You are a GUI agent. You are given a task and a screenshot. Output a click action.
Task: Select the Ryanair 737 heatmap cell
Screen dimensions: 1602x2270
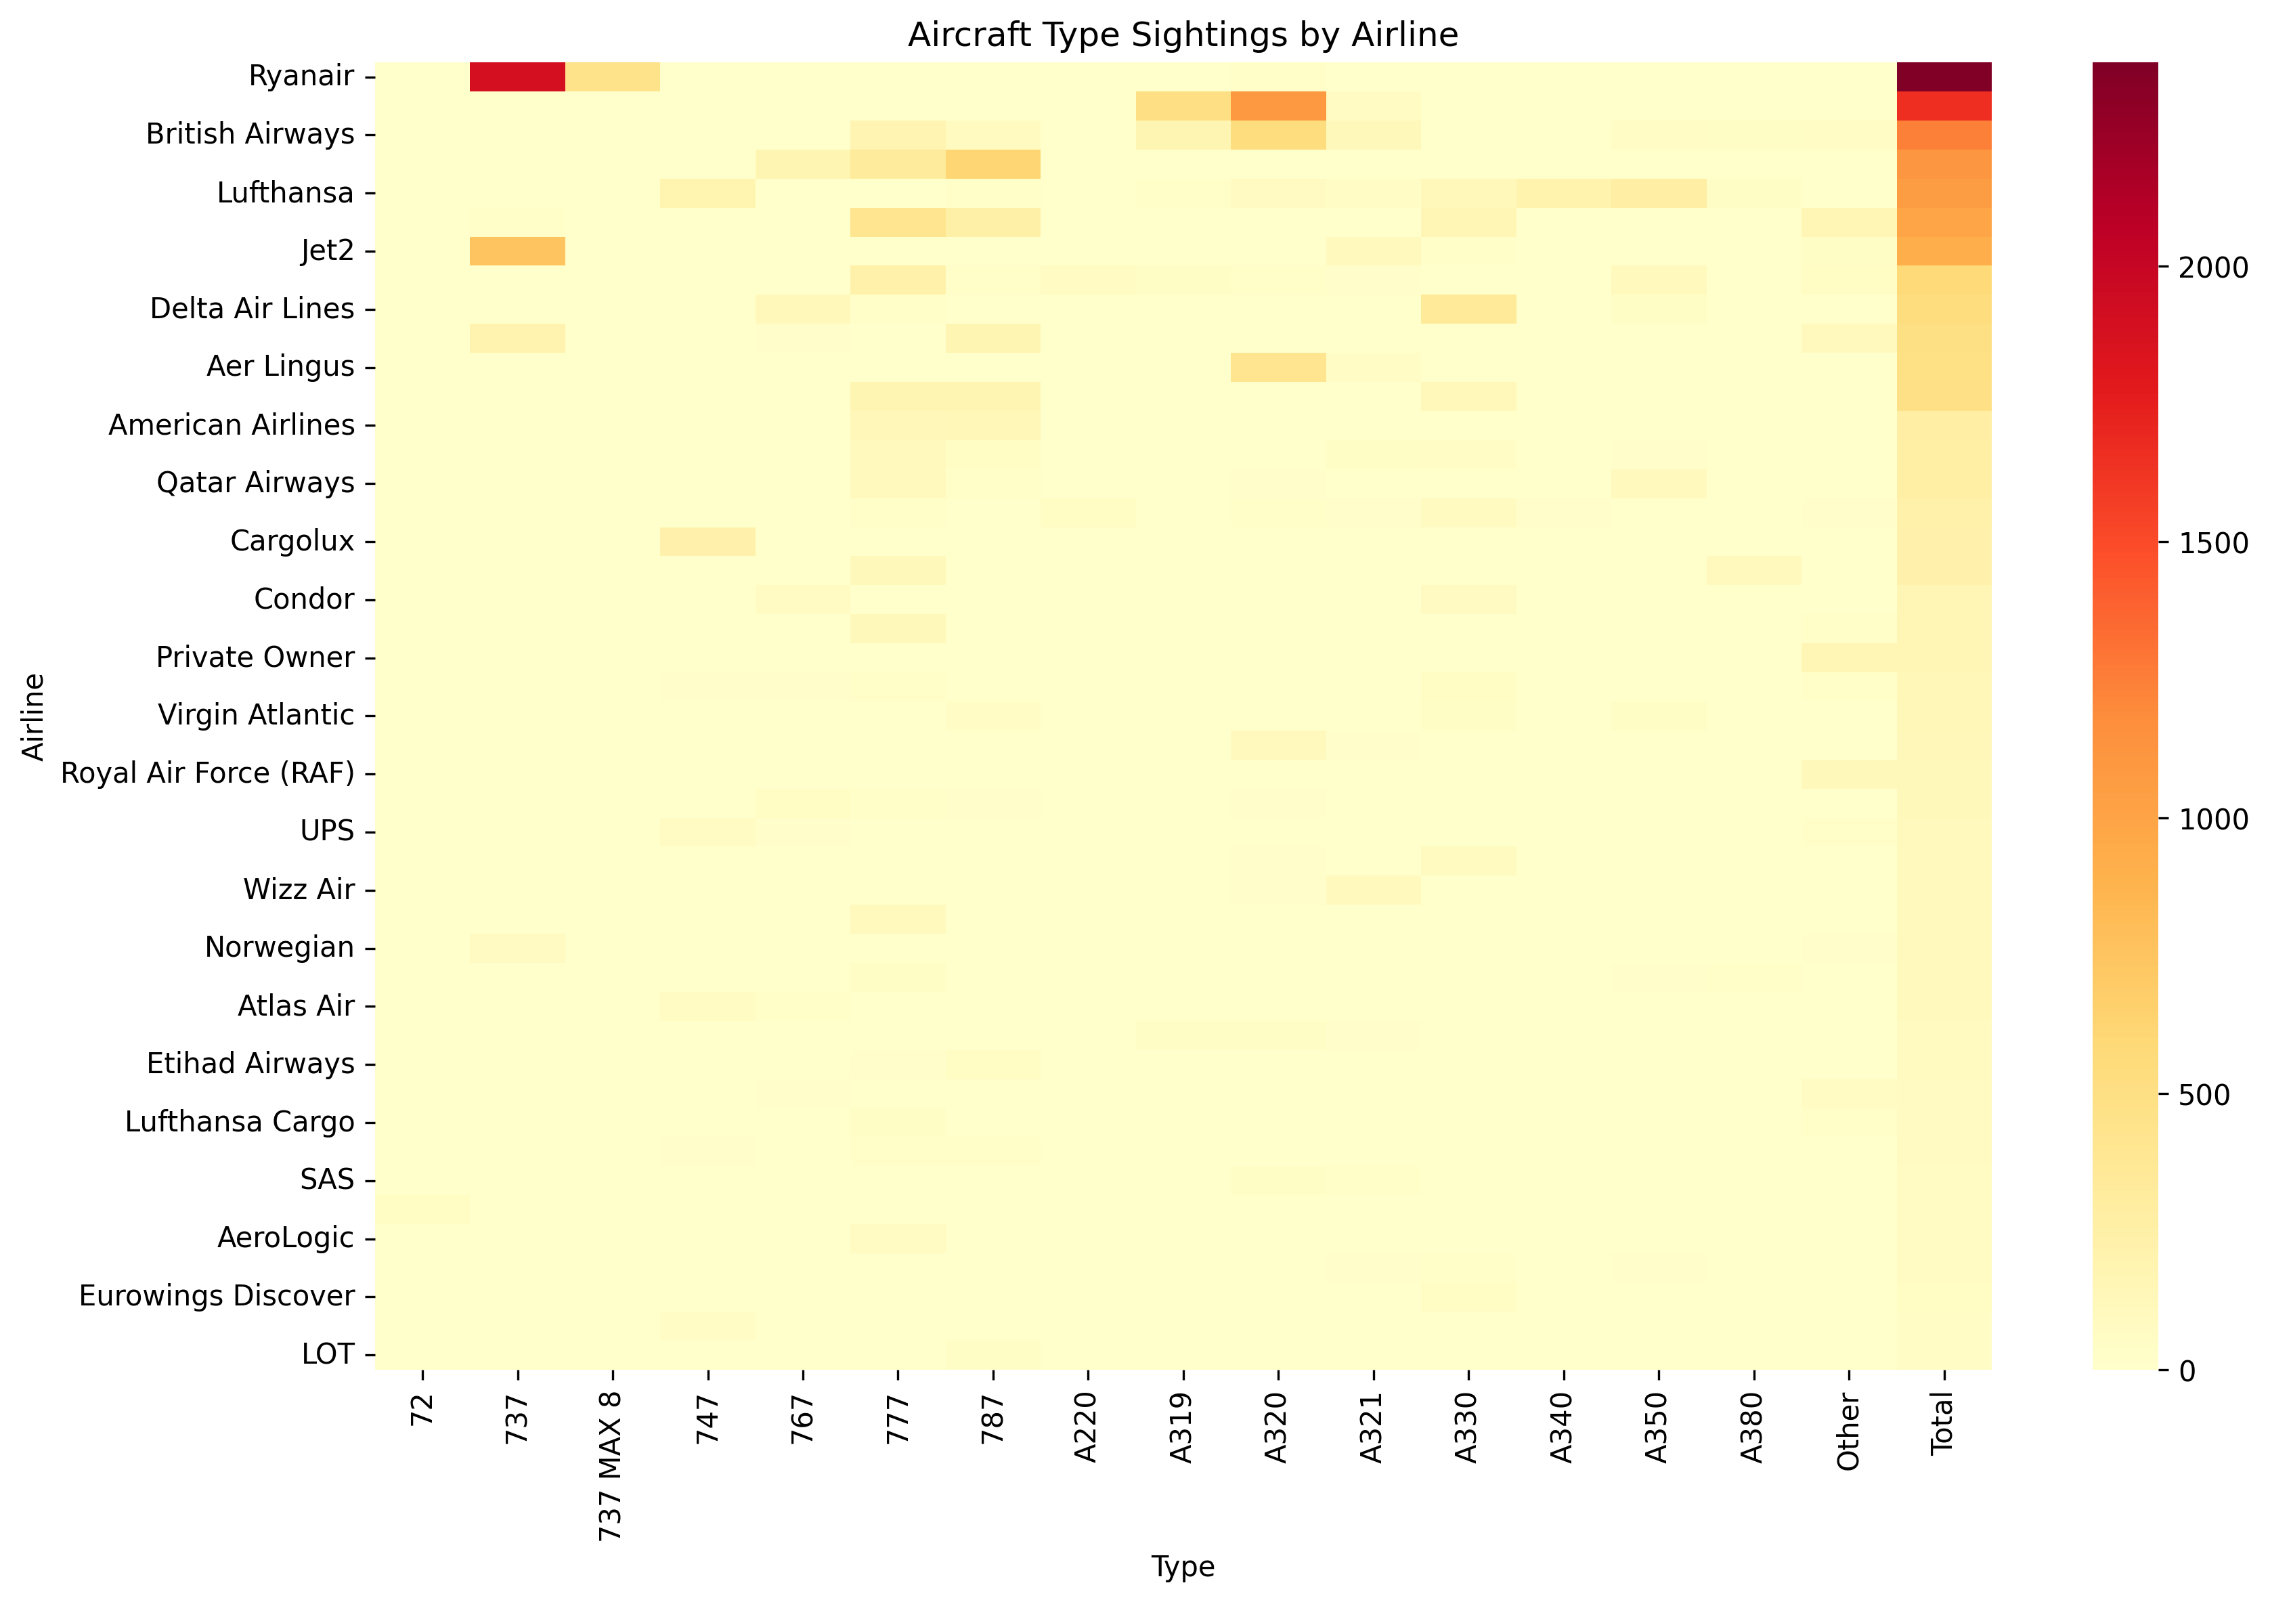pyautogui.click(x=517, y=76)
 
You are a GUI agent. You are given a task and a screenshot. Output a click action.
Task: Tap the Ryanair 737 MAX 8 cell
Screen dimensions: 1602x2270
pyautogui.click(x=612, y=76)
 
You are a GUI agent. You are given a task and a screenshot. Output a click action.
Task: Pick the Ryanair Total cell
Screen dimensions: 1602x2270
pyautogui.click(x=1944, y=76)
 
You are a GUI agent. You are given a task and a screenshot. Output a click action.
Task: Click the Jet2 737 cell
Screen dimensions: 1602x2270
pyautogui.click(x=517, y=251)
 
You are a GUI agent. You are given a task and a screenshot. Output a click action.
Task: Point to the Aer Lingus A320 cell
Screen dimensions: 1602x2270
pyautogui.click(x=1278, y=367)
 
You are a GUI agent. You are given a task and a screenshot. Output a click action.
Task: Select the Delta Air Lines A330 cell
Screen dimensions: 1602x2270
pyautogui.click(x=1468, y=309)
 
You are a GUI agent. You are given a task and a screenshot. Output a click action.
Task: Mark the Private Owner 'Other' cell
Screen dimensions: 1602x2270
pyautogui.click(x=1848, y=657)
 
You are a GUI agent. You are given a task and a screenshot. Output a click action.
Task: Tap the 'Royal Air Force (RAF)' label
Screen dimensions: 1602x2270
pyautogui.click(x=208, y=773)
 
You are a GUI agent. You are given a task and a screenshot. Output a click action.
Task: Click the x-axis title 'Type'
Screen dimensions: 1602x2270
pyautogui.click(x=1183, y=1566)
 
